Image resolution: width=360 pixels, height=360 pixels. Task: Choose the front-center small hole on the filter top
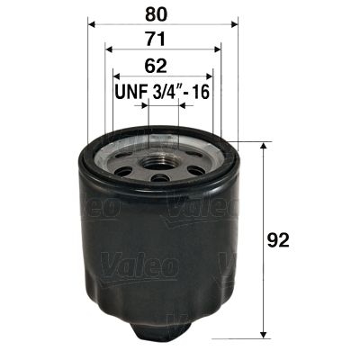162,177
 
